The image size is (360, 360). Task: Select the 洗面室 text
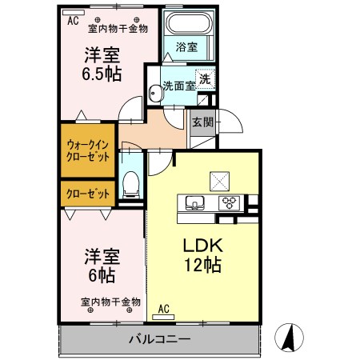178,86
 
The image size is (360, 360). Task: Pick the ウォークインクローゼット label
88,150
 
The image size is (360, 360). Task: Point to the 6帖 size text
102,275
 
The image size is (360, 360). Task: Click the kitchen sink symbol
196,201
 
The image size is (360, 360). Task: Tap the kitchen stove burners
230,201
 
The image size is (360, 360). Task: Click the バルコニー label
160,338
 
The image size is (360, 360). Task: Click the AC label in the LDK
164,308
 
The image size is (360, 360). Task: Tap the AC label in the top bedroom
73,22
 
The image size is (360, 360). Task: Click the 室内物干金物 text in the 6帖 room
110,302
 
